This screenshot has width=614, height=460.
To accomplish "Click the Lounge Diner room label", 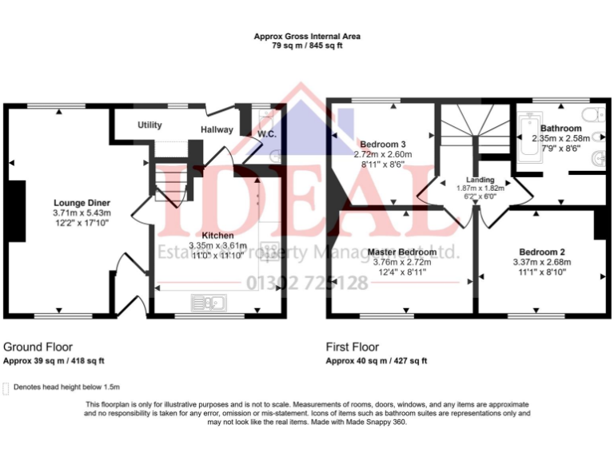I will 82,203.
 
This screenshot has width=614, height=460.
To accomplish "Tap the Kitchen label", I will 217,236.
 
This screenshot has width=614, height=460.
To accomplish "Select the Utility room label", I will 150,125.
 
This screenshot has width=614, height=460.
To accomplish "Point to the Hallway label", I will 217,129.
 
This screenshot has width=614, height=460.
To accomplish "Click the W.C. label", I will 266,133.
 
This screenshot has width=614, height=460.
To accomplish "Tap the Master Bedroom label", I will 402,252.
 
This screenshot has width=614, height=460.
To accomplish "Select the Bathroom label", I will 560,128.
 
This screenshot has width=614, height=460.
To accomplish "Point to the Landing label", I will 480,180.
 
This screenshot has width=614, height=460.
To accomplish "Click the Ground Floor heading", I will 38,347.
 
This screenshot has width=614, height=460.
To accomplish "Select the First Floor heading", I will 353,347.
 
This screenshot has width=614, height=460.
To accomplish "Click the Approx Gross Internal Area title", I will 307,36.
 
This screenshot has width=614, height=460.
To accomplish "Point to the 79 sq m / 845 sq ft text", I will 307,47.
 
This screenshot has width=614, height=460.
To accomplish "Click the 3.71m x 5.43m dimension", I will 82,213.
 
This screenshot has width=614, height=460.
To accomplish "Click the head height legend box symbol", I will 7,388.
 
